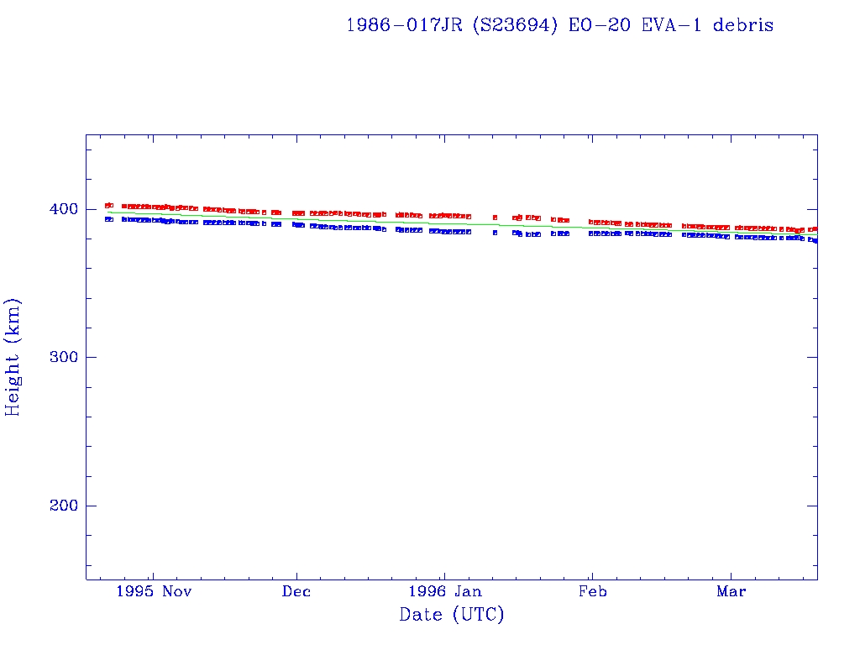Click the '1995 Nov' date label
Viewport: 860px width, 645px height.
[154, 591]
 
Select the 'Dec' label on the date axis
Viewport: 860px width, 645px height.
[296, 591]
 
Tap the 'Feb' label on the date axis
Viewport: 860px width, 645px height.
[592, 591]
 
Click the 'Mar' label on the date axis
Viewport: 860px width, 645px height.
[731, 591]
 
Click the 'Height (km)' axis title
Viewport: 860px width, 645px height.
[13, 357]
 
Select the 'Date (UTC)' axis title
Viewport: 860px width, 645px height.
[452, 616]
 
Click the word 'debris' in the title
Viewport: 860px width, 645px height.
[743, 25]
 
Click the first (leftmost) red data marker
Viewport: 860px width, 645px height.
[108, 205]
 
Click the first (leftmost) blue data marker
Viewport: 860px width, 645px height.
[108, 219]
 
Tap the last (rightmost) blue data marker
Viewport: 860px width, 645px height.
[815, 241]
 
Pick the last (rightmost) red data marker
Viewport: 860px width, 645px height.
[815, 228]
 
